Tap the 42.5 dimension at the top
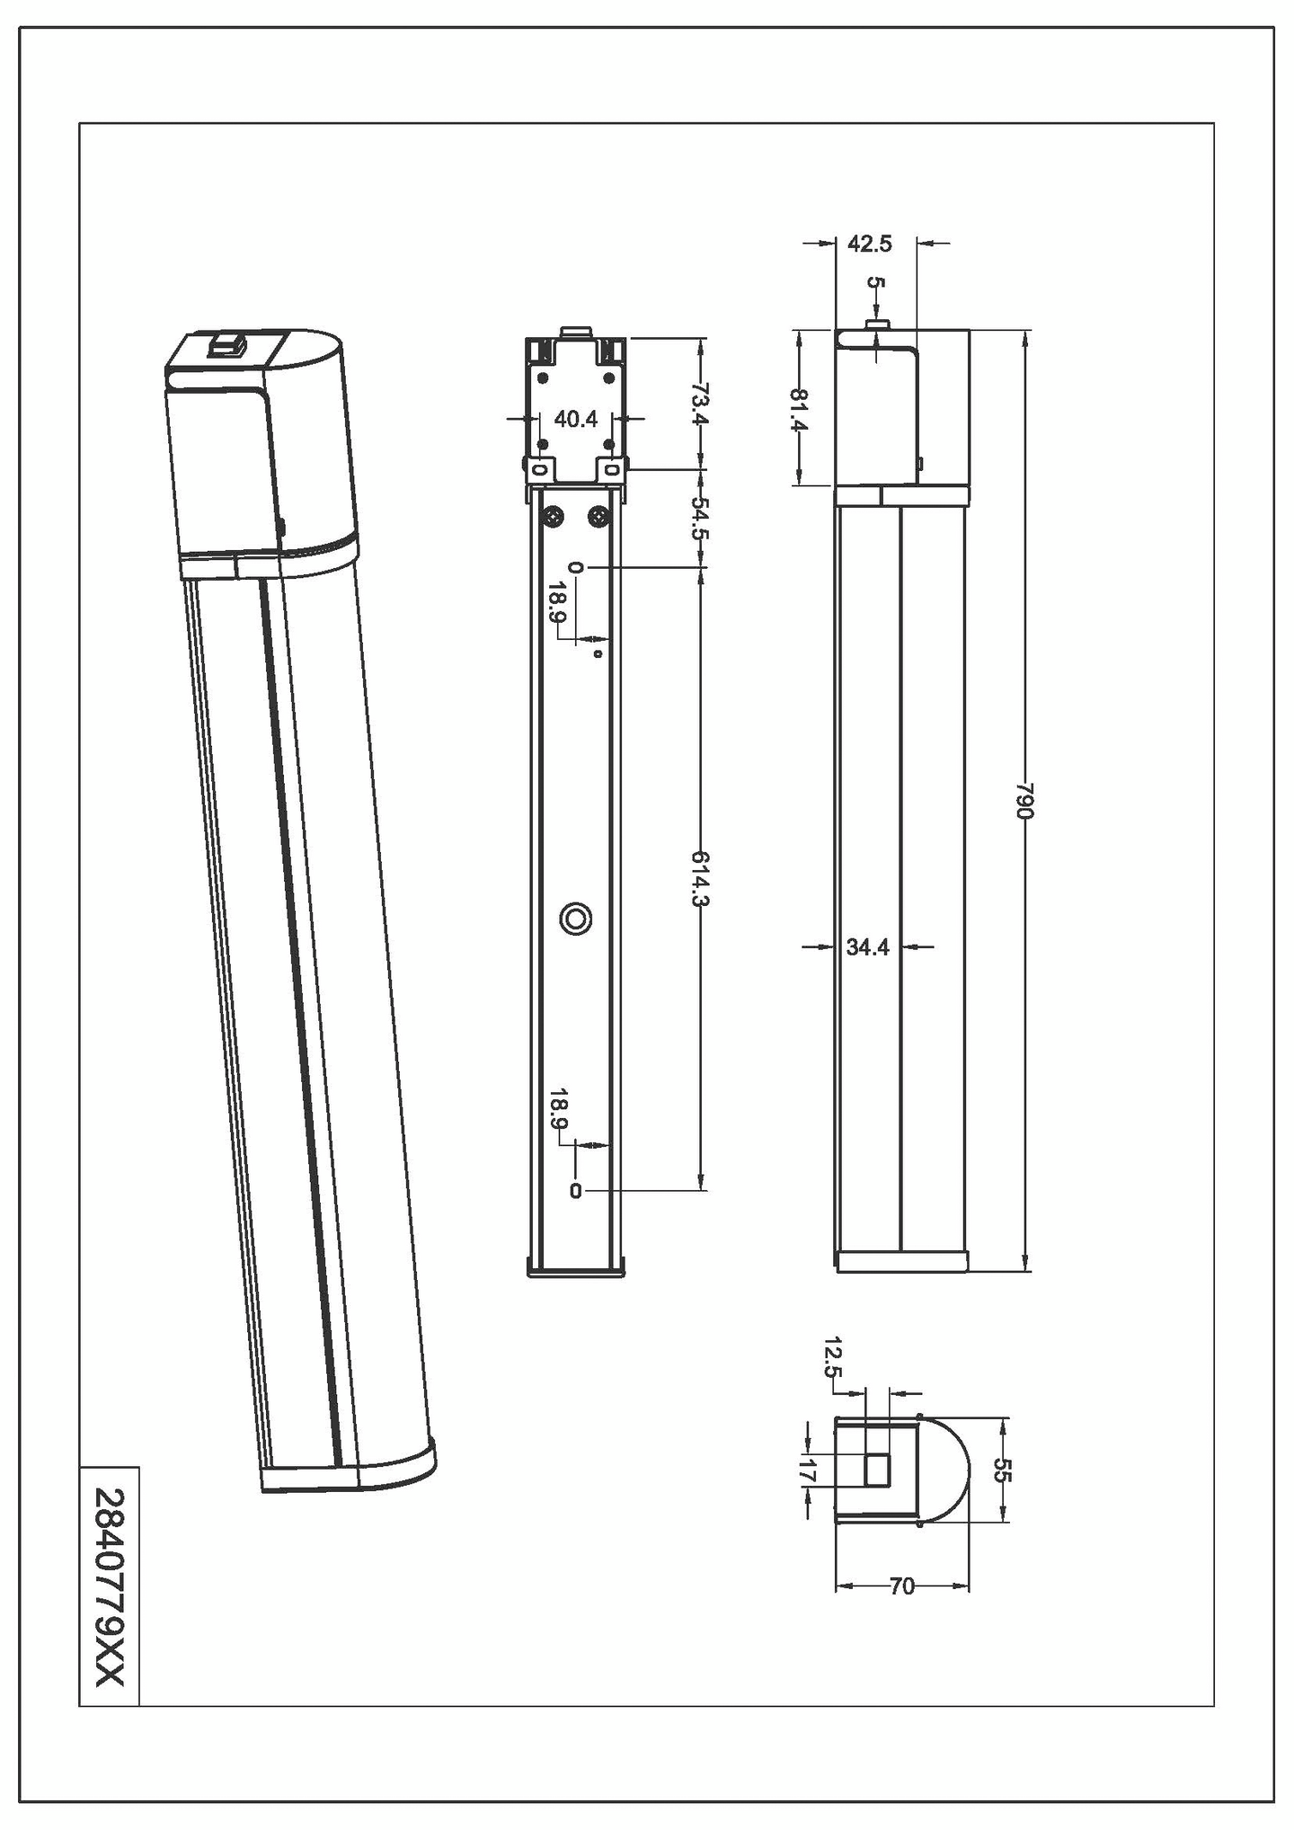pyautogui.click(x=869, y=244)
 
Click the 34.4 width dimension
pyautogui.click(x=867, y=946)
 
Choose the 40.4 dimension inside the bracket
pyautogui.click(x=575, y=418)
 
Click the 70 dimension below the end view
pyautogui.click(x=901, y=1587)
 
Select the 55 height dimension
pyautogui.click(x=1004, y=1470)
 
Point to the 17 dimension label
pyautogui.click(x=806, y=1472)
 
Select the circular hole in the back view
pyautogui.click(x=575, y=919)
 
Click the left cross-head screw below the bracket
pyautogui.click(x=553, y=517)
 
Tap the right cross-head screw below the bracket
pyautogui.click(x=598, y=517)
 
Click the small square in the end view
pyautogui.click(x=877, y=1470)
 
